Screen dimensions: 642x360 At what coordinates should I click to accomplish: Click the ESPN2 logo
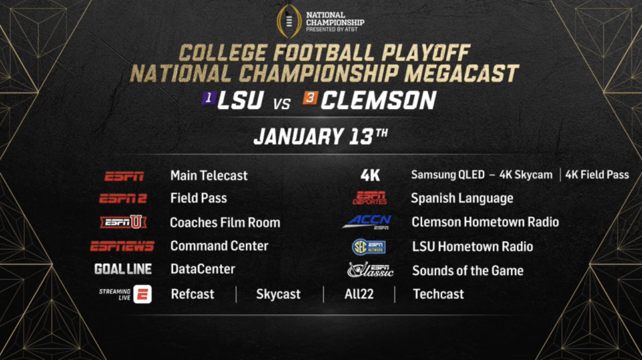(x=123, y=199)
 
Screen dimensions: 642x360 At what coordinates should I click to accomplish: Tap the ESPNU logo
(x=123, y=222)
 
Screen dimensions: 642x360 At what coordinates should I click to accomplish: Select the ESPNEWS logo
(x=122, y=246)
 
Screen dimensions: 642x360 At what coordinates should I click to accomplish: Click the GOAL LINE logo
(x=123, y=269)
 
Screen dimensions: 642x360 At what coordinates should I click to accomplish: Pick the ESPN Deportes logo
(x=370, y=198)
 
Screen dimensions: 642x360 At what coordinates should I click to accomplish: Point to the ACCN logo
(x=367, y=222)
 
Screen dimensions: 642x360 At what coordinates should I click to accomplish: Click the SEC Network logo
(x=368, y=246)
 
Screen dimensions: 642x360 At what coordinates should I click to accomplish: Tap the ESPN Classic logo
(x=370, y=270)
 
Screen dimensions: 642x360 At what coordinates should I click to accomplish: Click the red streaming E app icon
(x=142, y=294)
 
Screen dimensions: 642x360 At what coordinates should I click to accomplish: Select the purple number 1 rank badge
(x=209, y=98)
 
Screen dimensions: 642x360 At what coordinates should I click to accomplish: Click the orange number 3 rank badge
(x=310, y=98)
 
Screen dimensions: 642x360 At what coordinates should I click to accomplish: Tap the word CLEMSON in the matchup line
(x=379, y=100)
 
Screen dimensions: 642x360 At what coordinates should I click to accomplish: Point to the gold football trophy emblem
(x=289, y=21)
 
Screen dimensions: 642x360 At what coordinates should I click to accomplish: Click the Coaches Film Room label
(x=225, y=222)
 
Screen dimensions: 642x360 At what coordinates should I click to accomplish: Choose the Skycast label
(x=278, y=294)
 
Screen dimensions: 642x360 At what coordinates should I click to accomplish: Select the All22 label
(x=359, y=294)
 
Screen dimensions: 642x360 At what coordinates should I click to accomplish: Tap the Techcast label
(x=439, y=294)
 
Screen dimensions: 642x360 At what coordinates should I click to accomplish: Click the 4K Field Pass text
(x=597, y=175)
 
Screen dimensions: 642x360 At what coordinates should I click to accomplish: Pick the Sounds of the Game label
(x=468, y=271)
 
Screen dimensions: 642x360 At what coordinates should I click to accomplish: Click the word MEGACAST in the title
(x=461, y=74)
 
